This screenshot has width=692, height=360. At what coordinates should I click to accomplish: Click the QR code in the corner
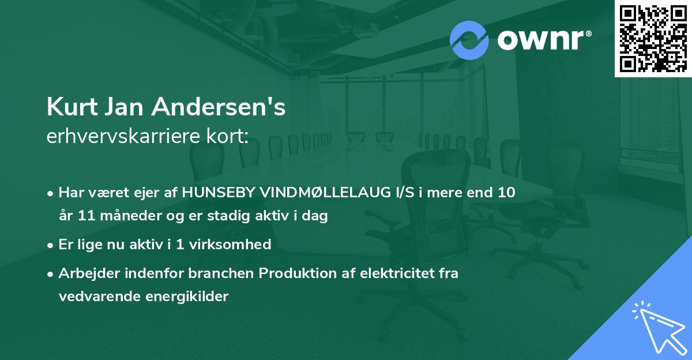653,39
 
